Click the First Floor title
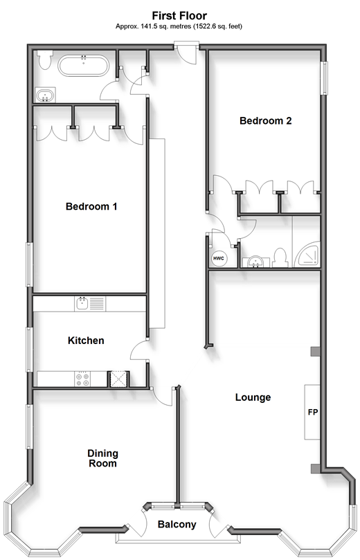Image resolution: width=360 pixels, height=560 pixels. pyautogui.click(x=179, y=16)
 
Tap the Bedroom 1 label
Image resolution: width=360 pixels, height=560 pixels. pyautogui.click(x=91, y=206)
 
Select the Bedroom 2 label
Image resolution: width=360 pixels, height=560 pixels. pyautogui.click(x=265, y=120)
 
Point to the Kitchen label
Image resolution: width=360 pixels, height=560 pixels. pyautogui.click(x=86, y=341)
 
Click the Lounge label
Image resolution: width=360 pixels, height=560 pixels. pyautogui.click(x=253, y=397)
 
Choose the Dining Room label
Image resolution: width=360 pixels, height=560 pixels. pyautogui.click(x=103, y=458)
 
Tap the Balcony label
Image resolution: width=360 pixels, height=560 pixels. pyautogui.click(x=177, y=524)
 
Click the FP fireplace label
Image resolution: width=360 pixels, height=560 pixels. pyautogui.click(x=313, y=412)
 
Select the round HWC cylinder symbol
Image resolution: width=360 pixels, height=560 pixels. pyautogui.click(x=218, y=258)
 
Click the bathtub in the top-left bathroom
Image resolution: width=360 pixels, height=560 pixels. pyautogui.click(x=83, y=65)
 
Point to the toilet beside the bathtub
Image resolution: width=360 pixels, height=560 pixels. pyautogui.click(x=45, y=60)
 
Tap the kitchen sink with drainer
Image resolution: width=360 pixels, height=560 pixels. pyautogui.click(x=90, y=304)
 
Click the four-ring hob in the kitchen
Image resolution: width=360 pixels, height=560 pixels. pyautogui.click(x=82, y=379)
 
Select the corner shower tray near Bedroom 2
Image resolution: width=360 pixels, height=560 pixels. pyautogui.click(x=307, y=255)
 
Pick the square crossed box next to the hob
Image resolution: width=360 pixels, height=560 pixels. pyautogui.click(x=118, y=379)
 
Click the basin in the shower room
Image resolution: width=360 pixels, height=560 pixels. pyautogui.click(x=256, y=262)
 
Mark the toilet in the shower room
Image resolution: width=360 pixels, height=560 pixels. pyautogui.click(x=280, y=258)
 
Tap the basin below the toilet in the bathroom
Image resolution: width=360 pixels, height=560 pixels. pyautogui.click(x=46, y=96)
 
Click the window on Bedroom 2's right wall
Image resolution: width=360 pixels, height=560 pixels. pyautogui.click(x=324, y=78)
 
